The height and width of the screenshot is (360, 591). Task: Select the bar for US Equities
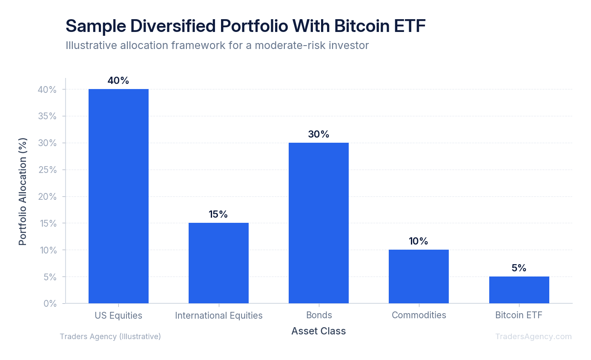point(118,196)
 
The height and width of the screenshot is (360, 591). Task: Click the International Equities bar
point(218,263)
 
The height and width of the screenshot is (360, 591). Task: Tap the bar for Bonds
point(318,223)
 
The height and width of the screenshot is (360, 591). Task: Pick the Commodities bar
point(419,276)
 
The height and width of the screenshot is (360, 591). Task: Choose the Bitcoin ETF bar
point(519,290)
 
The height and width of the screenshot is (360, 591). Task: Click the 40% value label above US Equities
point(118,81)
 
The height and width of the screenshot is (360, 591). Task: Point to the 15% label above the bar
point(218,214)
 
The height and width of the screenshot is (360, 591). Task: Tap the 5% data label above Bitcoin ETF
point(519,268)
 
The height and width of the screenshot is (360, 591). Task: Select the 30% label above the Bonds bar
point(318,134)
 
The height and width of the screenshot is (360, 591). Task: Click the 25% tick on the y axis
point(47,170)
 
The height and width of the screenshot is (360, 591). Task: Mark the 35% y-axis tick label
point(47,116)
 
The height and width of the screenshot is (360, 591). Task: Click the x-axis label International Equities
point(218,315)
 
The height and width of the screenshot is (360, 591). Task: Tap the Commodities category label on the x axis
point(419,315)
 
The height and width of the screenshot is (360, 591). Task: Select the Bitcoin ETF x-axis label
point(519,315)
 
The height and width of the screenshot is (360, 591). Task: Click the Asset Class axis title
point(318,331)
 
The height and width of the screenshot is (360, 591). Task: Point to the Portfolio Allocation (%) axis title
point(23,191)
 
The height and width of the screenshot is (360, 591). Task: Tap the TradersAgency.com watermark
point(533,337)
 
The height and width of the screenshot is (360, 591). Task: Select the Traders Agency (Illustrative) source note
point(110,337)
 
